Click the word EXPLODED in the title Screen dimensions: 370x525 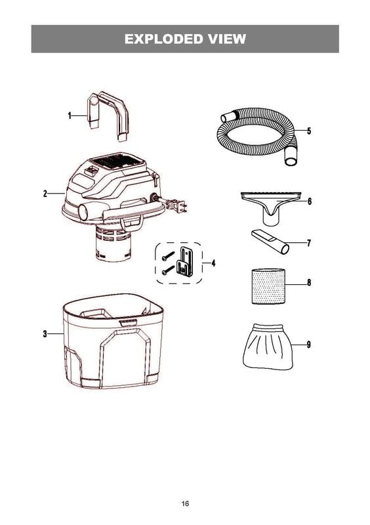(x=164, y=39)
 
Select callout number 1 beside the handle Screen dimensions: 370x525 (x=70, y=116)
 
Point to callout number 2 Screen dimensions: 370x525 (x=45, y=193)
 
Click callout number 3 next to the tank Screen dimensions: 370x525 (x=45, y=333)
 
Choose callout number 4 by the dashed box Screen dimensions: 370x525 (x=213, y=263)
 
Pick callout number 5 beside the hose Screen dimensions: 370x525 (x=309, y=131)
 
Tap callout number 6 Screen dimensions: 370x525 (x=310, y=201)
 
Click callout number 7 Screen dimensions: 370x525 (x=309, y=243)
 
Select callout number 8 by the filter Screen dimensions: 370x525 (x=309, y=282)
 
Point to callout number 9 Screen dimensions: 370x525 (x=309, y=345)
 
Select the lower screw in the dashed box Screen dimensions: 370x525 (x=168, y=270)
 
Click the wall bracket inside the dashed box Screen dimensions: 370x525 (x=186, y=261)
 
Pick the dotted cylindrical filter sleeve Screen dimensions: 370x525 (x=268, y=286)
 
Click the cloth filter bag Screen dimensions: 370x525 (x=268, y=346)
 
